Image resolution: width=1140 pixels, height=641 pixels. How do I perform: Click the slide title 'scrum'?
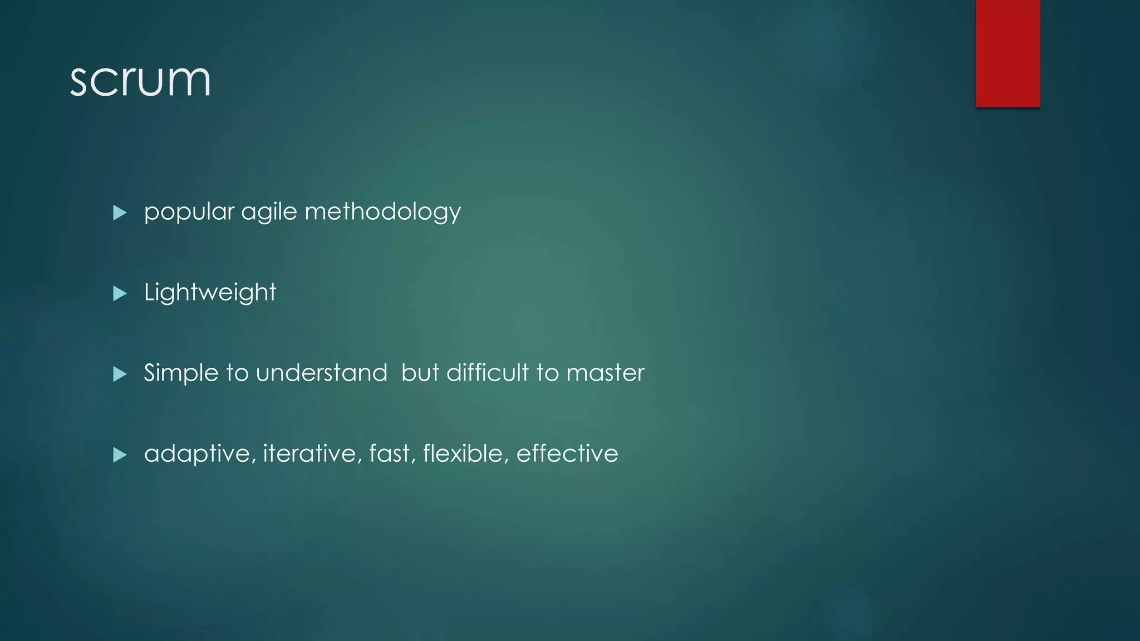click(140, 80)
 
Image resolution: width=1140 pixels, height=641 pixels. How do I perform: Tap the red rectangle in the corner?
click(1008, 53)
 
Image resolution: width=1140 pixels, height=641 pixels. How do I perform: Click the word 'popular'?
click(189, 212)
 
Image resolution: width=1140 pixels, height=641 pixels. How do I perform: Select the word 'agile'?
click(269, 212)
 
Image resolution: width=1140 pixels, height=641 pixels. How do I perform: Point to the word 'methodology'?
click(382, 212)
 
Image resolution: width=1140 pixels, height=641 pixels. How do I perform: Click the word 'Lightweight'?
click(210, 293)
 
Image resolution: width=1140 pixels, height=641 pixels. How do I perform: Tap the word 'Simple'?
click(181, 373)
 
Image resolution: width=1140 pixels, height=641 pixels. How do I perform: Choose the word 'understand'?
click(321, 373)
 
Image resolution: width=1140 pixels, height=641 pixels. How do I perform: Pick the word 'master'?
click(605, 373)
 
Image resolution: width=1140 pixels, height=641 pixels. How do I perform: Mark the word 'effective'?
click(567, 454)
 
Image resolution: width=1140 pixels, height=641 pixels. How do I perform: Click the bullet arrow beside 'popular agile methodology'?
click(120, 213)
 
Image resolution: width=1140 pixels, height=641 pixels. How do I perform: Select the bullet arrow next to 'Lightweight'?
click(120, 293)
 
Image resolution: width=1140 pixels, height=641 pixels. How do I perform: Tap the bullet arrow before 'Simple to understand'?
click(120, 374)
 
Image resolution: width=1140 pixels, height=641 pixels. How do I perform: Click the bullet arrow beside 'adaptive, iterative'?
click(120, 455)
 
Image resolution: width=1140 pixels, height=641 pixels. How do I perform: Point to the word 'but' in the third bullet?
click(420, 373)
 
